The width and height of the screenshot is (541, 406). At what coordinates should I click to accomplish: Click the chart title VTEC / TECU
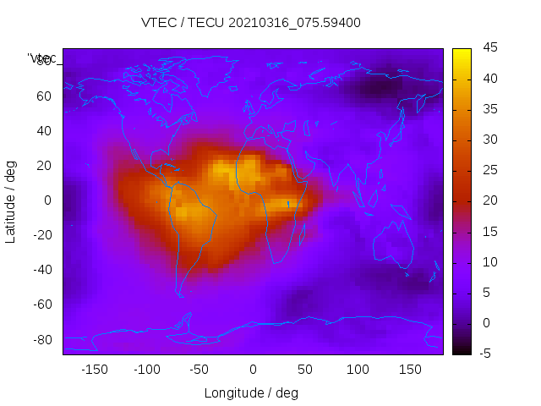click(251, 23)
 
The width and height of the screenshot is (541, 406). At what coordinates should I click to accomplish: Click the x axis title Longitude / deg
click(251, 392)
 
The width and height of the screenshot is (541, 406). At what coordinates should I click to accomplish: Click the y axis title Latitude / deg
click(11, 201)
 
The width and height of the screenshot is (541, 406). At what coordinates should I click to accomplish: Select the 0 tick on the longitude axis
click(252, 370)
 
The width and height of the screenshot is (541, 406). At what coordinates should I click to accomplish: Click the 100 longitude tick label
click(358, 370)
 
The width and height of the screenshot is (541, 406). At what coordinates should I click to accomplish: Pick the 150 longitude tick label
click(410, 370)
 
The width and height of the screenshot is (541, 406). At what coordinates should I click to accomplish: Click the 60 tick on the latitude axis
click(44, 96)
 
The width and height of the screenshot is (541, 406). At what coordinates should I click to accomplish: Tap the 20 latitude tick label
click(44, 166)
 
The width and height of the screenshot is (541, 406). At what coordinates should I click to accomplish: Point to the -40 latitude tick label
click(41, 270)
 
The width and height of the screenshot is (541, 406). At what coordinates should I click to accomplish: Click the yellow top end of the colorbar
click(461, 52)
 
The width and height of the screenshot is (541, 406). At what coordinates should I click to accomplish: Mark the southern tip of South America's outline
click(180, 295)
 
